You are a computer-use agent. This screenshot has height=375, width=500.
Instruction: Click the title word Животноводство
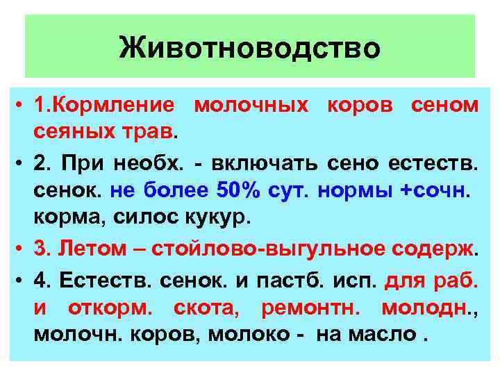pyautogui.click(x=249, y=49)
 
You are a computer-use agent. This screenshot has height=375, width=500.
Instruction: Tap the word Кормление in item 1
pyautogui.click(x=112, y=106)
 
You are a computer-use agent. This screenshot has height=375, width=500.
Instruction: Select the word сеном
pyautogui.click(x=444, y=106)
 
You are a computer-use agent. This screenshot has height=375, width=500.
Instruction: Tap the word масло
pyautogui.click(x=383, y=333)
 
